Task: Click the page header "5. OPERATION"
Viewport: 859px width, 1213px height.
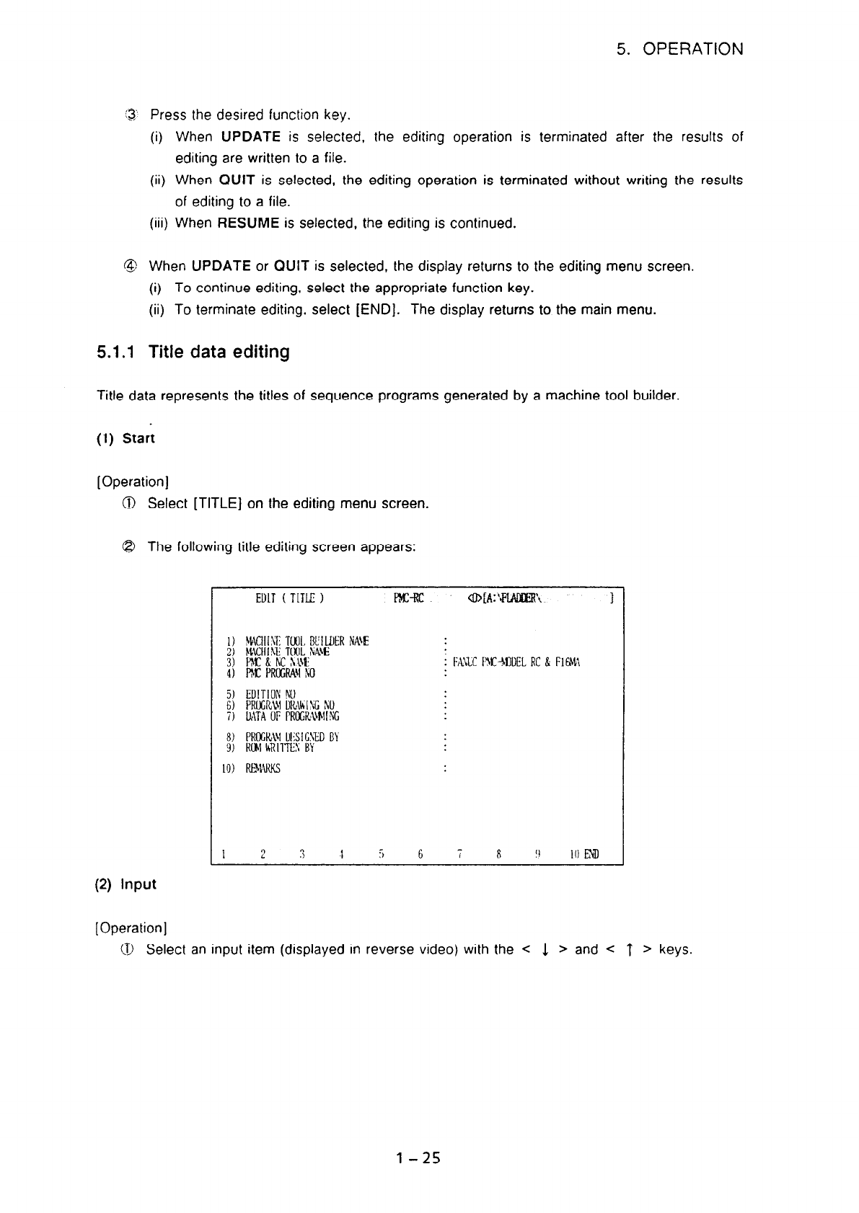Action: coord(679,49)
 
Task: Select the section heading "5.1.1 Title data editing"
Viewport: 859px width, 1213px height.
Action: coord(193,352)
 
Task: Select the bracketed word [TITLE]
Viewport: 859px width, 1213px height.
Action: coord(216,503)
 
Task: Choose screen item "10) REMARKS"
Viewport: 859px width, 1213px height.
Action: coord(252,768)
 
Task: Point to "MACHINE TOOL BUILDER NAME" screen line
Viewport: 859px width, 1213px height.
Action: coord(297,641)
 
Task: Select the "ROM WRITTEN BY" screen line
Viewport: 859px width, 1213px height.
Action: coord(270,747)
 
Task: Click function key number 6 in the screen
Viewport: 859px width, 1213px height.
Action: coord(420,855)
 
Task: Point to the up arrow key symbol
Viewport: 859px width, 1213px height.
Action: coord(630,950)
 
